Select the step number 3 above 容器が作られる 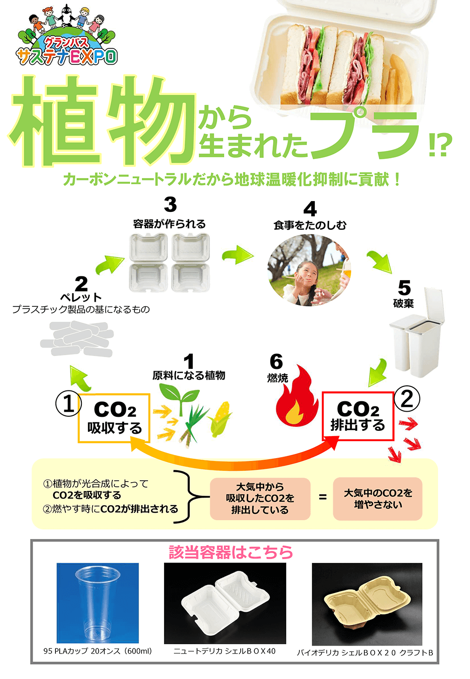(x=170, y=204)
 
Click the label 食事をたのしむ (x=310, y=226)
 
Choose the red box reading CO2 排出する (x=358, y=416)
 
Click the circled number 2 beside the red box (x=407, y=398)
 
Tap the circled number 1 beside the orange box (x=69, y=404)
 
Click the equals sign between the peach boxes (x=322, y=497)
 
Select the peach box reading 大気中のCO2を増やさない (x=377, y=499)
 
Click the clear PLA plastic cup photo (x=98, y=603)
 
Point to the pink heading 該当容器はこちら (x=231, y=552)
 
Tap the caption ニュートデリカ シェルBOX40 (x=224, y=651)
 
